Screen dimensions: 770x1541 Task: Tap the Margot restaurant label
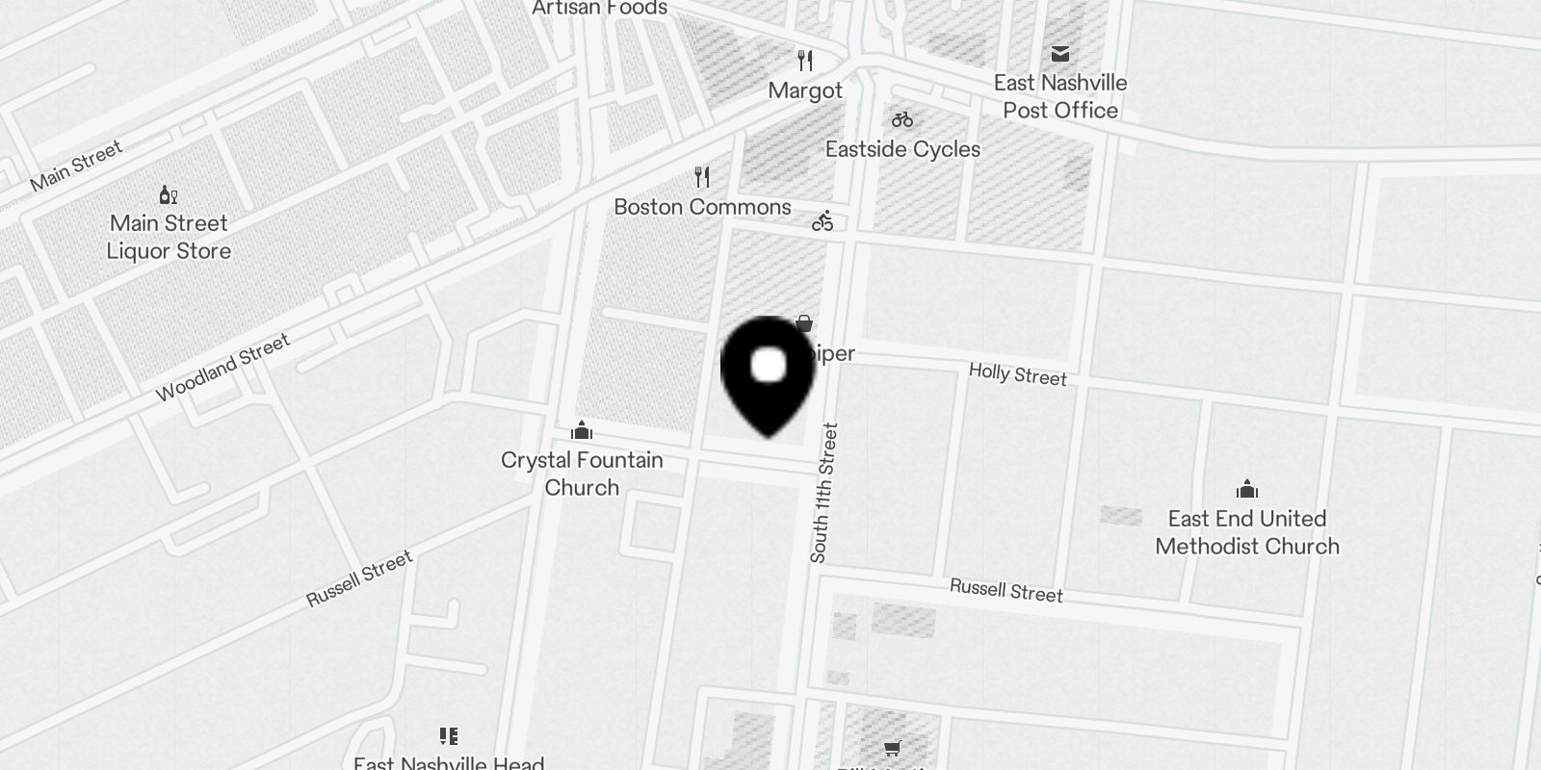point(805,90)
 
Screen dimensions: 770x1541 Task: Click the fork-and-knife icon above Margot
point(805,62)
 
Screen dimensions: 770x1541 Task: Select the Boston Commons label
point(702,207)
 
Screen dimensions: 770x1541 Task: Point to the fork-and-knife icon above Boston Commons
point(702,177)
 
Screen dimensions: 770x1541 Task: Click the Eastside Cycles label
point(902,149)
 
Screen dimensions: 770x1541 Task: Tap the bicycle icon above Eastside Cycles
point(902,120)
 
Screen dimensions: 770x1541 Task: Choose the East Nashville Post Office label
point(1059,96)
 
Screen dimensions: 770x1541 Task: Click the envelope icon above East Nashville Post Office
point(1059,54)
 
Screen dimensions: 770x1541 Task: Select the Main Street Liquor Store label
point(169,237)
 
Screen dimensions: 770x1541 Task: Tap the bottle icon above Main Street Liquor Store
point(169,195)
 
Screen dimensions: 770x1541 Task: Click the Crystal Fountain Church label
point(582,474)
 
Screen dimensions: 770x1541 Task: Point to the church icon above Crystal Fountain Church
point(582,430)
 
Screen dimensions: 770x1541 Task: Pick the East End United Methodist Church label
point(1247,532)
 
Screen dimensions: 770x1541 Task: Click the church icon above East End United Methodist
point(1247,489)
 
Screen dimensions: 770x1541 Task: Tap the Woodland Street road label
point(222,368)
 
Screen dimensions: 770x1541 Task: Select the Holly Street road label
point(1018,374)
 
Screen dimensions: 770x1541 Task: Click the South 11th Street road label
point(824,493)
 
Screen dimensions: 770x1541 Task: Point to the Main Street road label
point(76,166)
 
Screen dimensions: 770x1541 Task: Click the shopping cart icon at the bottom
point(893,748)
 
